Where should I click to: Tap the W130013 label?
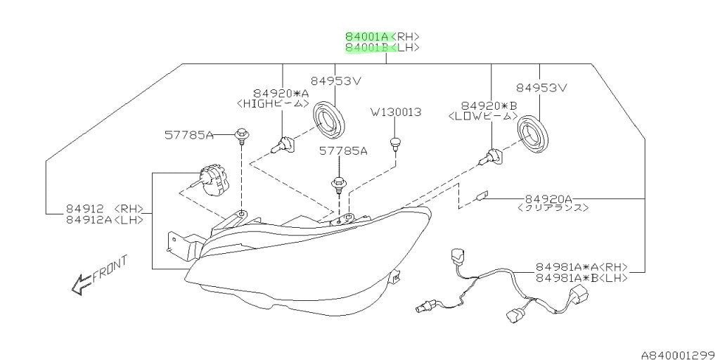coord(397,112)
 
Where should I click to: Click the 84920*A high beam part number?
coord(281,94)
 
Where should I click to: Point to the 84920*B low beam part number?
coord(489,106)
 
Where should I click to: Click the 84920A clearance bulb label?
coord(548,199)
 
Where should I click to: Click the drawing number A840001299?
coord(680,354)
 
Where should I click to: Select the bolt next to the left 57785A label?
coord(241,136)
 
